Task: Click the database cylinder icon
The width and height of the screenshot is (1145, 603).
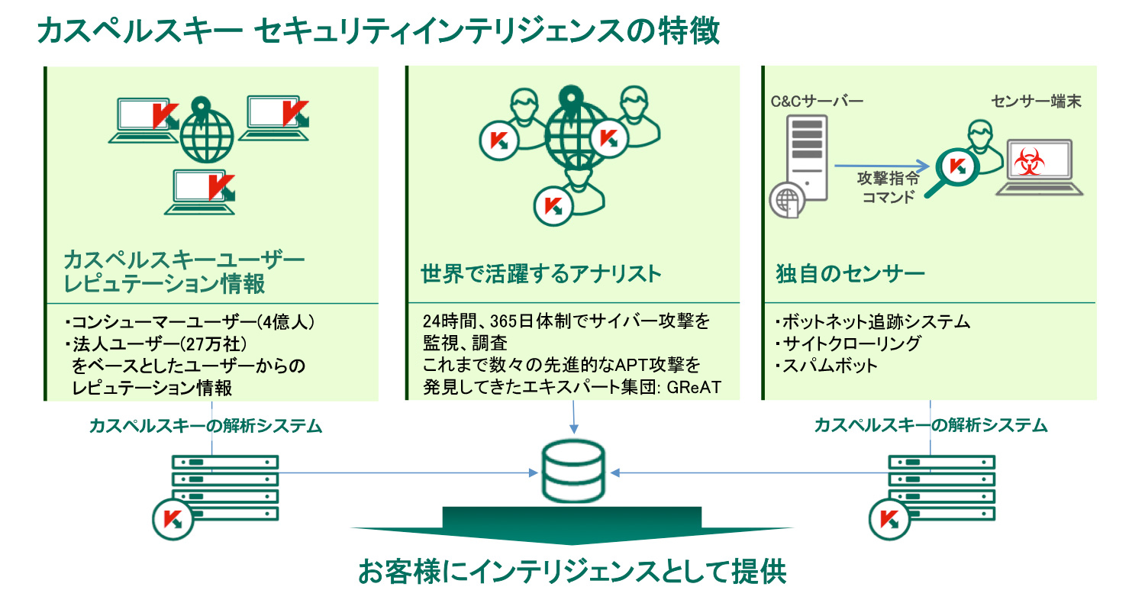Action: click(572, 472)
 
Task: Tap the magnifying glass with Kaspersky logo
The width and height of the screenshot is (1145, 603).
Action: click(951, 168)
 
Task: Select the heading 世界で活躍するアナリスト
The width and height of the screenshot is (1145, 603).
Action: click(541, 273)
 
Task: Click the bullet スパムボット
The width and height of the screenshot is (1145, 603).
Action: click(827, 366)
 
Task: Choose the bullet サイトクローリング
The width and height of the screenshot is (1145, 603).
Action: click(848, 343)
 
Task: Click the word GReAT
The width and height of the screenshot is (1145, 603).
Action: click(693, 388)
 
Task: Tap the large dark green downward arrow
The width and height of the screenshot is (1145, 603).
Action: click(572, 525)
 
